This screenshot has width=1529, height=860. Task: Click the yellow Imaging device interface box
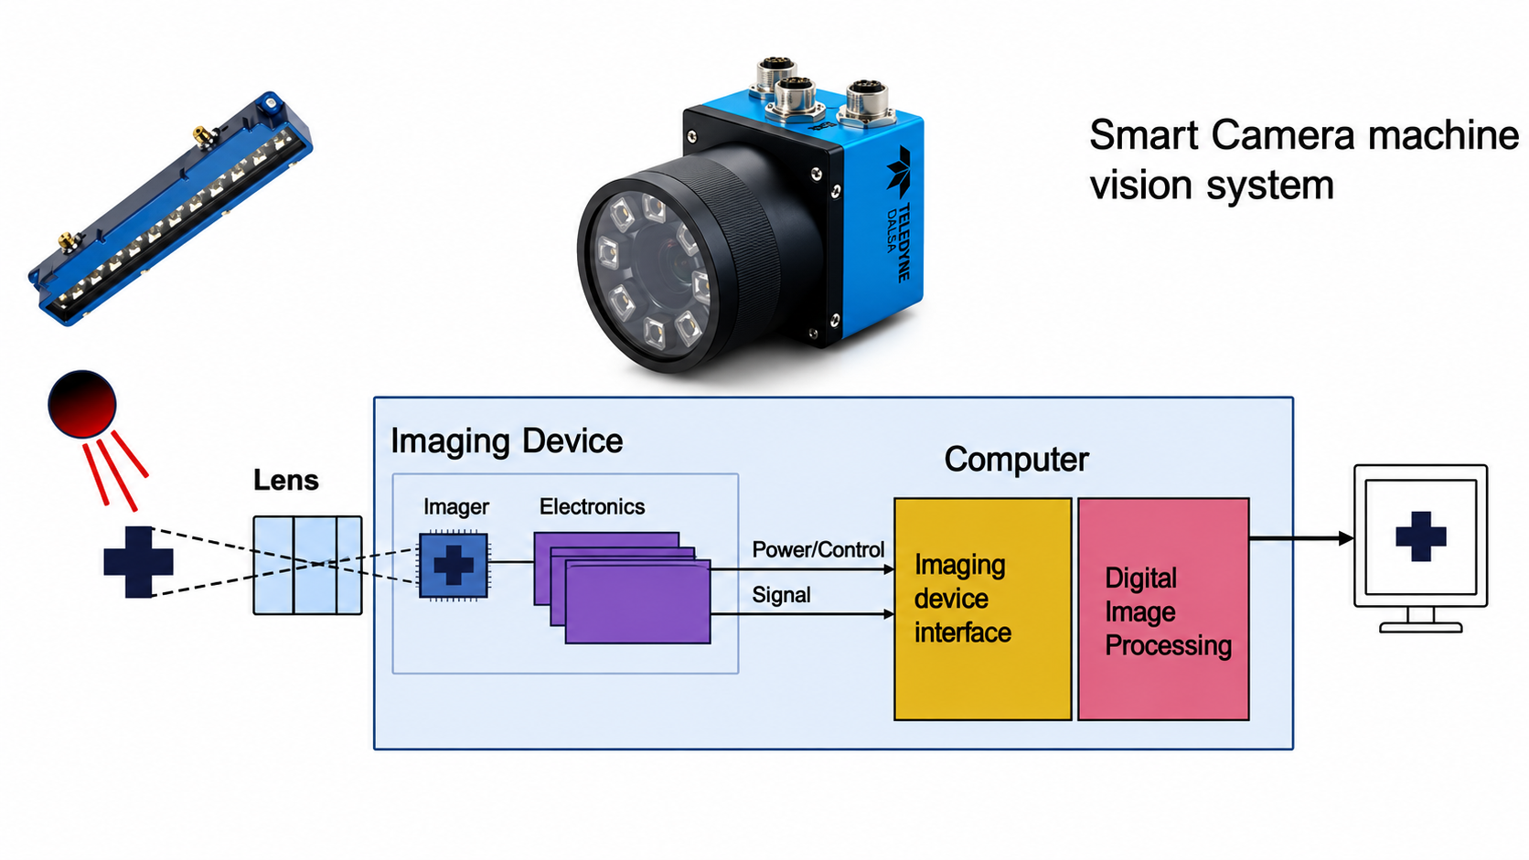tap(983, 609)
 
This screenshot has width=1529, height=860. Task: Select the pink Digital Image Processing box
tap(1164, 609)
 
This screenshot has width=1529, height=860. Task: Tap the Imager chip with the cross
tap(454, 566)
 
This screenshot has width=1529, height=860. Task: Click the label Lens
tap(286, 480)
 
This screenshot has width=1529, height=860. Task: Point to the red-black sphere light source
tap(82, 404)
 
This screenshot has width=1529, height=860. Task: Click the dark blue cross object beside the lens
tap(139, 562)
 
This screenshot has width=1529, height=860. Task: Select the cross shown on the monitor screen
tap(1421, 536)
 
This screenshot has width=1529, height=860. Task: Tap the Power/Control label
tap(818, 549)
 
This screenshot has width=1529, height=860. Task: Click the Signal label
tap(781, 595)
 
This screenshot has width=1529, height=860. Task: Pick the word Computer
tap(1016, 459)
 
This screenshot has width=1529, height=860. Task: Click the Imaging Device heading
tap(507, 441)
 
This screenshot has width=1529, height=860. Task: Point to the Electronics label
tap(592, 506)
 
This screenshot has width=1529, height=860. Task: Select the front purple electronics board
tap(638, 602)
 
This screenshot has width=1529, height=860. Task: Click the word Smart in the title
tap(1144, 135)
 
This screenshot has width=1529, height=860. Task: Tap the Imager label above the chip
tap(456, 507)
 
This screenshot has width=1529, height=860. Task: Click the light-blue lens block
tap(307, 566)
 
